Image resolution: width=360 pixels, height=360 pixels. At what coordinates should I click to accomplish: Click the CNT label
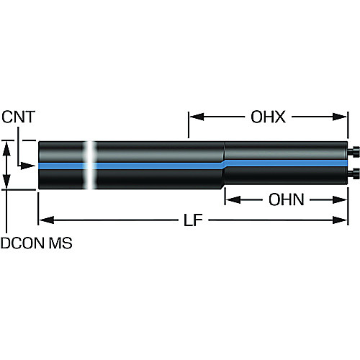pyautogui.click(x=19, y=117)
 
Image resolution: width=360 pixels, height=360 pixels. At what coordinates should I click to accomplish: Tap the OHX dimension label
pyautogui.click(x=268, y=117)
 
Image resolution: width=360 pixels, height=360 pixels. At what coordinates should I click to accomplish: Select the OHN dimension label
pyautogui.click(x=287, y=199)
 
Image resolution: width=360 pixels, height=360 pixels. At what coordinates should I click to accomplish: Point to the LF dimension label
pyautogui.click(x=193, y=220)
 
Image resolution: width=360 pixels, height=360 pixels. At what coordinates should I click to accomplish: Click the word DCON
pyautogui.click(x=23, y=243)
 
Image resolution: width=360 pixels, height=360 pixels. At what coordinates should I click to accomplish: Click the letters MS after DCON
pyautogui.click(x=60, y=243)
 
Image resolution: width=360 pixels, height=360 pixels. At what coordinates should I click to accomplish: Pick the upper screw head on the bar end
pyautogui.click(x=354, y=152)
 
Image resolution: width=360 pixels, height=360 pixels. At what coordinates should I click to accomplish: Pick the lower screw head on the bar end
pyautogui.click(x=354, y=174)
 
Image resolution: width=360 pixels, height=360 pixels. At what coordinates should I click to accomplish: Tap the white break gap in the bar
pyautogui.click(x=89, y=165)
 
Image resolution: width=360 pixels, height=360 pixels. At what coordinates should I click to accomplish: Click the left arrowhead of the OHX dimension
pyautogui.click(x=197, y=117)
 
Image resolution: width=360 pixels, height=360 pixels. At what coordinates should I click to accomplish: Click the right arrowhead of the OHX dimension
pyautogui.click(x=340, y=117)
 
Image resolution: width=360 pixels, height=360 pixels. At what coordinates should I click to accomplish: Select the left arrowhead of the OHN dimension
pyautogui.click(x=233, y=199)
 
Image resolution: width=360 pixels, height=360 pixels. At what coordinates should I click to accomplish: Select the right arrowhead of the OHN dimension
pyautogui.click(x=340, y=199)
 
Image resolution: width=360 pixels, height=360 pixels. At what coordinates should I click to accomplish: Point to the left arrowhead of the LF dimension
pyautogui.click(x=47, y=220)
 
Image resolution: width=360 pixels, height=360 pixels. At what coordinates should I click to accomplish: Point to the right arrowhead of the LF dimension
pyautogui.click(x=340, y=220)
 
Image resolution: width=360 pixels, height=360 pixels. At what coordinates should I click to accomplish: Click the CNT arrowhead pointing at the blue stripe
pyautogui.click(x=28, y=166)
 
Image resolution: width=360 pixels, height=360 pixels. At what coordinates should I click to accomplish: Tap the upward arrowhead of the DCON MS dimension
pyautogui.click(x=6, y=149)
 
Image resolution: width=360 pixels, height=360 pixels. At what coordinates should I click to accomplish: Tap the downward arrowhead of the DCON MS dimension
pyautogui.click(x=6, y=181)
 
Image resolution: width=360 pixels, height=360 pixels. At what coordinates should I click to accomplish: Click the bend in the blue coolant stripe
pyautogui.click(x=224, y=163)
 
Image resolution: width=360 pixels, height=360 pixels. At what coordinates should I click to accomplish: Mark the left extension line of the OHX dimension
pyautogui.click(x=189, y=125)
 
